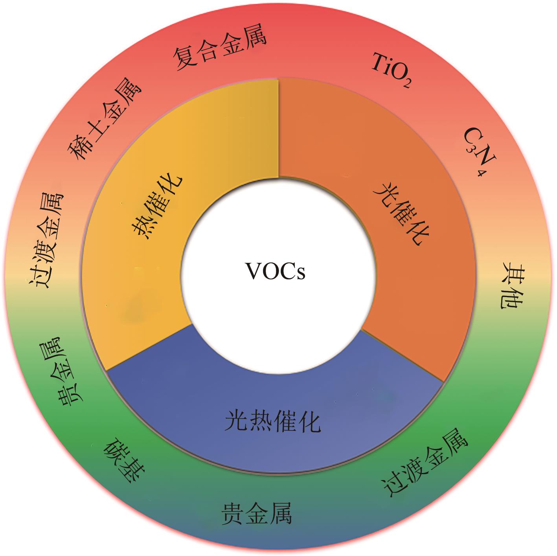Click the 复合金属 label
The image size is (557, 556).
(x=220, y=47)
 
